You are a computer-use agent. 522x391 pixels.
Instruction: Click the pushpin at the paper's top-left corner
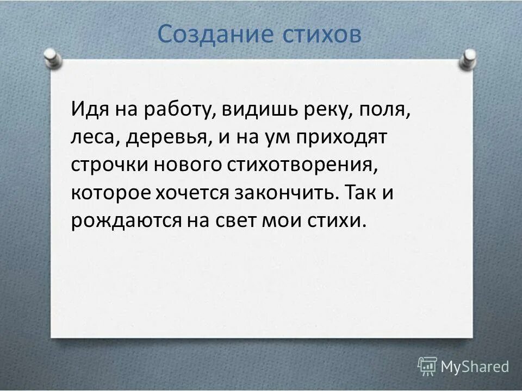click(x=51, y=57)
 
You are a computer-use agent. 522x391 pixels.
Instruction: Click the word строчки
click(x=110, y=166)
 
